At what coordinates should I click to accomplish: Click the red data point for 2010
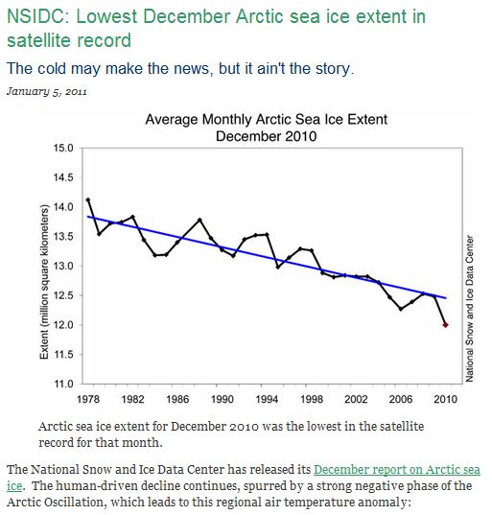445,325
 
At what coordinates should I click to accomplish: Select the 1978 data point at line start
87,199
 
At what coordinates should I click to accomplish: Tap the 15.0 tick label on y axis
63,148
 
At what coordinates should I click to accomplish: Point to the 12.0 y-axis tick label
63,325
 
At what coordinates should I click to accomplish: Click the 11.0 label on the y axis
63,384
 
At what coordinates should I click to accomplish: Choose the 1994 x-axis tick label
267,399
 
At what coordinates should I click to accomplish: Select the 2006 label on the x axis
401,399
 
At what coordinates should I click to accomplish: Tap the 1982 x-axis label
132,399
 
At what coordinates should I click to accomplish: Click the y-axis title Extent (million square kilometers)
44,282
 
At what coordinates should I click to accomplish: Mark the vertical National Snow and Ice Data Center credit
470,309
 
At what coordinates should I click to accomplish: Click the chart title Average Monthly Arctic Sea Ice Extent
267,119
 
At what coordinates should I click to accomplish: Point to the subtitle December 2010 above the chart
267,136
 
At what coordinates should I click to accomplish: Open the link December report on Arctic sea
397,470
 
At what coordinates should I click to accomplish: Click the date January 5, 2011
47,91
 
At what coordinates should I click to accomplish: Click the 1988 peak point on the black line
199,220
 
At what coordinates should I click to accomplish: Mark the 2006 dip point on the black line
401,309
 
